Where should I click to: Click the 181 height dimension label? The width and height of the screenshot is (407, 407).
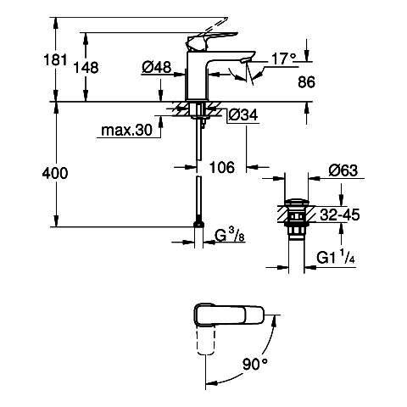pos(55,60)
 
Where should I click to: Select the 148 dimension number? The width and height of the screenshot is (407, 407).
pos(86,68)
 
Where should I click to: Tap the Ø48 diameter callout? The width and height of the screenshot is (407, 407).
pos(157,67)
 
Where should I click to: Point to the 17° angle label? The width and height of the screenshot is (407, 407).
pos(283,59)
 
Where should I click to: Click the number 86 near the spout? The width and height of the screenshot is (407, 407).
pos(306,82)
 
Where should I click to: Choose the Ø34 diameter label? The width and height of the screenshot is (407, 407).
pos(243,115)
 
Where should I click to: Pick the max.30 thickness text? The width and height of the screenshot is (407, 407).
pos(126,131)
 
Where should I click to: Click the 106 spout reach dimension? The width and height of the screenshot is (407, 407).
pos(222,167)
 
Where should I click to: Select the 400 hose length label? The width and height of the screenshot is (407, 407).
pos(55,173)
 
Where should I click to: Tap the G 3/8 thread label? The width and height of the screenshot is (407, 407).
pos(230,235)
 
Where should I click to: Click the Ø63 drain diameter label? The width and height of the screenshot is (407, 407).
pos(343,170)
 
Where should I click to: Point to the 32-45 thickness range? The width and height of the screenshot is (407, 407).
pos(340,215)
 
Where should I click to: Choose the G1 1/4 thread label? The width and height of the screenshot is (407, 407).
pos(336,257)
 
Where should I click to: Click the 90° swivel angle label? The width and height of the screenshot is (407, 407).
pos(255,364)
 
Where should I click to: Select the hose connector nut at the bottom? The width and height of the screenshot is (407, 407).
pos(199,224)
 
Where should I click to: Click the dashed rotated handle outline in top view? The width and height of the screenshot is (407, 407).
pos(206,341)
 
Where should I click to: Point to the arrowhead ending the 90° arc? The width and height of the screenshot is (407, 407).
pos(210,383)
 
